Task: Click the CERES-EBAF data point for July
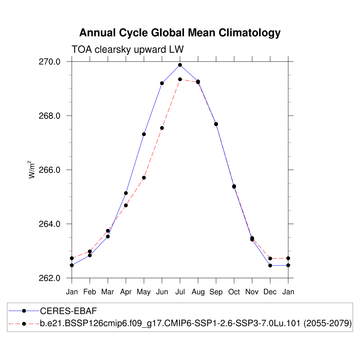(180, 65)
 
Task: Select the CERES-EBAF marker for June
(162, 83)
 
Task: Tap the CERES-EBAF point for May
(144, 134)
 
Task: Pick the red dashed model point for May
(144, 178)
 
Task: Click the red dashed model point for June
(162, 128)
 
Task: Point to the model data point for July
(180, 79)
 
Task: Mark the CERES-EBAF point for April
(126, 193)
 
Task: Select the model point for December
(270, 258)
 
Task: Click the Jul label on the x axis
(180, 292)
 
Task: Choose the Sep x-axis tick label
(216, 292)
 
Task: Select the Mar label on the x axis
(108, 292)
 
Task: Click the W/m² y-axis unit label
(32, 170)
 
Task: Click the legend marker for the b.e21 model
(24, 323)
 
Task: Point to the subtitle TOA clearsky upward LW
(128, 50)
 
